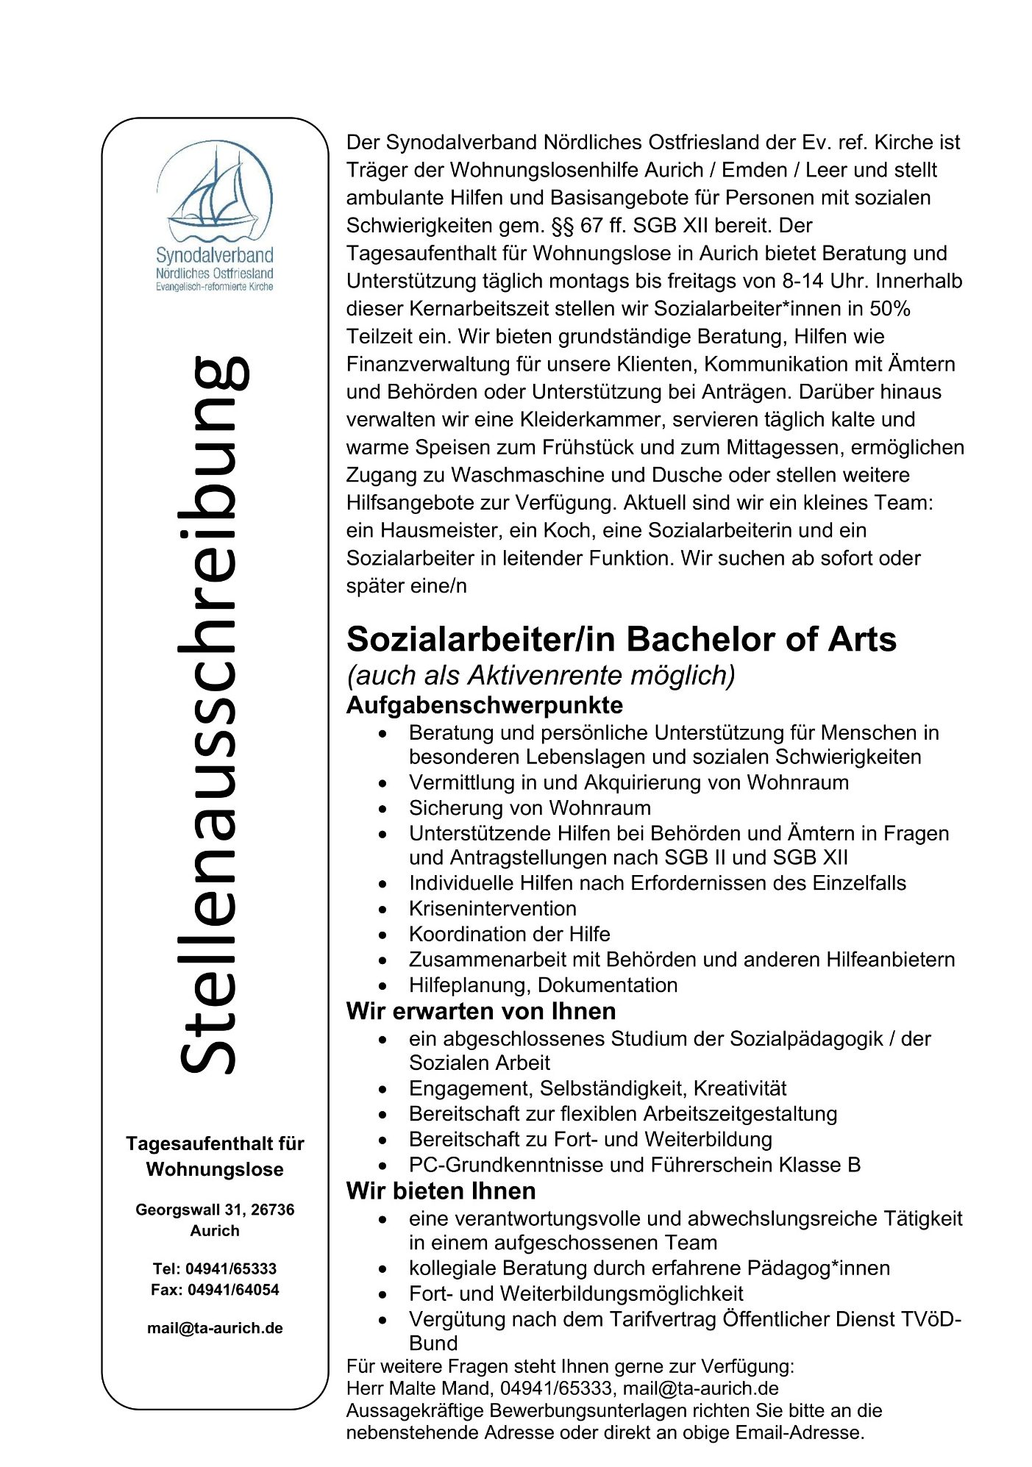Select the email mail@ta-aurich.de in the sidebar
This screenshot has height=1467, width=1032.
pos(215,1328)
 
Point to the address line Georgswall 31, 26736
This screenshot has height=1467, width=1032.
pos(215,1210)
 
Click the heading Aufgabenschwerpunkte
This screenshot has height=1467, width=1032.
pos(485,705)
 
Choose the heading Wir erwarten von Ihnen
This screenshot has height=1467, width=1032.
pos(481,1011)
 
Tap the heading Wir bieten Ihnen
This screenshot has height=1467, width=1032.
pos(441,1191)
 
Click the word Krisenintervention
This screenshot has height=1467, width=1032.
pos(493,908)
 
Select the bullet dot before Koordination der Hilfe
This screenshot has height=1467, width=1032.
pos(382,935)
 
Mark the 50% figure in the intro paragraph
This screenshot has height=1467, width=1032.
pos(890,309)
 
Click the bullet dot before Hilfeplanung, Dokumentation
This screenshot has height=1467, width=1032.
pos(382,985)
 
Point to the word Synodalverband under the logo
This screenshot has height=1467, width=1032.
pos(214,255)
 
